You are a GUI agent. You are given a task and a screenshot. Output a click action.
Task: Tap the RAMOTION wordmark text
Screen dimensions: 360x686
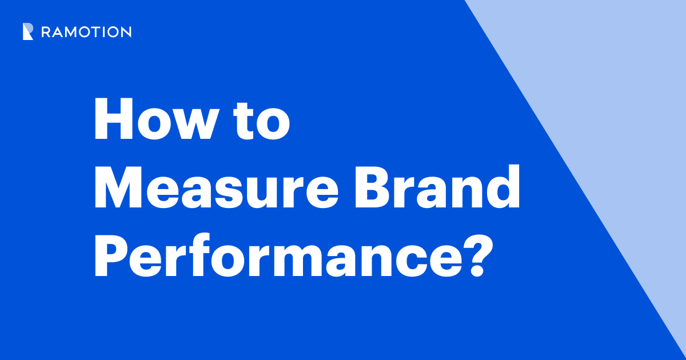tap(86, 33)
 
